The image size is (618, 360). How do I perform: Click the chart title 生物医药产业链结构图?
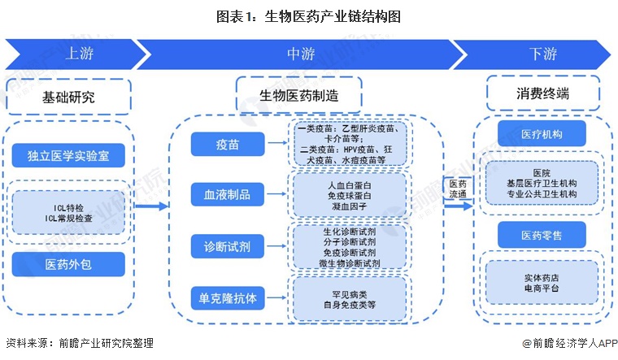pos(308,16)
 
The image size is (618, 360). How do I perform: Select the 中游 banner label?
pos(301,54)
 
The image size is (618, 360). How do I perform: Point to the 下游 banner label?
pos(542,54)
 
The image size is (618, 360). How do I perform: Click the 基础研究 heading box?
pos(68,97)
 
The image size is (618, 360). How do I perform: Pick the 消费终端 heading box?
pos(542,93)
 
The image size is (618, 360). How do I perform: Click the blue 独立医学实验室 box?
pos(68,155)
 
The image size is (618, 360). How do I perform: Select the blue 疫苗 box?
pos(227,144)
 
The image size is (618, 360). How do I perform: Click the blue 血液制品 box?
pos(227,194)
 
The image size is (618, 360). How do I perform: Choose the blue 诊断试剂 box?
pos(227,245)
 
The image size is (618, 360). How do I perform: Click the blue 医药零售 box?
pos(542,235)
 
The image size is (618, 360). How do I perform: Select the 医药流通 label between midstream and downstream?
pos(458,189)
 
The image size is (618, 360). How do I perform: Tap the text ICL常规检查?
pos(68,217)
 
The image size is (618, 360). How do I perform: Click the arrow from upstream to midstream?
pos(151,206)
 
